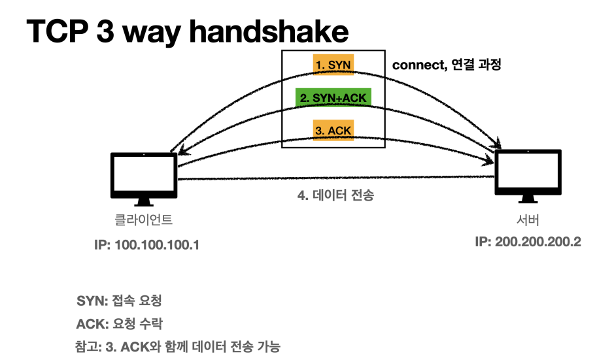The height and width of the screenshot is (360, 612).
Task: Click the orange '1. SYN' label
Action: pyautogui.click(x=333, y=65)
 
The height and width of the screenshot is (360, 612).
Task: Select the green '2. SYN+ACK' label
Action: pyautogui.click(x=333, y=98)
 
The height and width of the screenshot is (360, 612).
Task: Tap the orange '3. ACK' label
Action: pyautogui.click(x=333, y=130)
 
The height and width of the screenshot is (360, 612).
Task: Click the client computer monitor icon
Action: pyautogui.click(x=144, y=174)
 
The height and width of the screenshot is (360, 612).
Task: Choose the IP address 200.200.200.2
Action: pyautogui.click(x=528, y=242)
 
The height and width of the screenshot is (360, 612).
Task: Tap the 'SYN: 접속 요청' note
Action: pyautogui.click(x=119, y=301)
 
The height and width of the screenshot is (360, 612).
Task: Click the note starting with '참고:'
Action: pyautogui.click(x=178, y=346)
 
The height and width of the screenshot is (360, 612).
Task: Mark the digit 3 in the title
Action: pyautogui.click(x=115, y=33)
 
